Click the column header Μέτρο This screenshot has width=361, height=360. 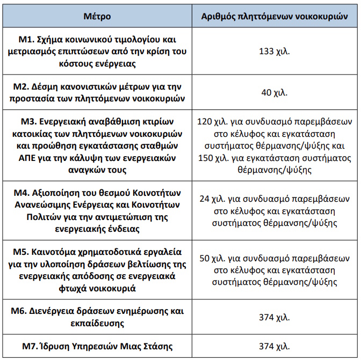pos(98,16)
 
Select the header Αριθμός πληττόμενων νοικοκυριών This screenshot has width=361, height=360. pos(275,16)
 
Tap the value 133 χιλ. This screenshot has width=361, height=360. pos(275,52)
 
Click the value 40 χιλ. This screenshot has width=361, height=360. pos(275,92)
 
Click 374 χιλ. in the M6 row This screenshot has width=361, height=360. pos(275,317)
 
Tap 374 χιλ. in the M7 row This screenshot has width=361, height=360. pos(275,346)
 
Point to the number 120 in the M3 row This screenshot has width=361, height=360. pos(205,120)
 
